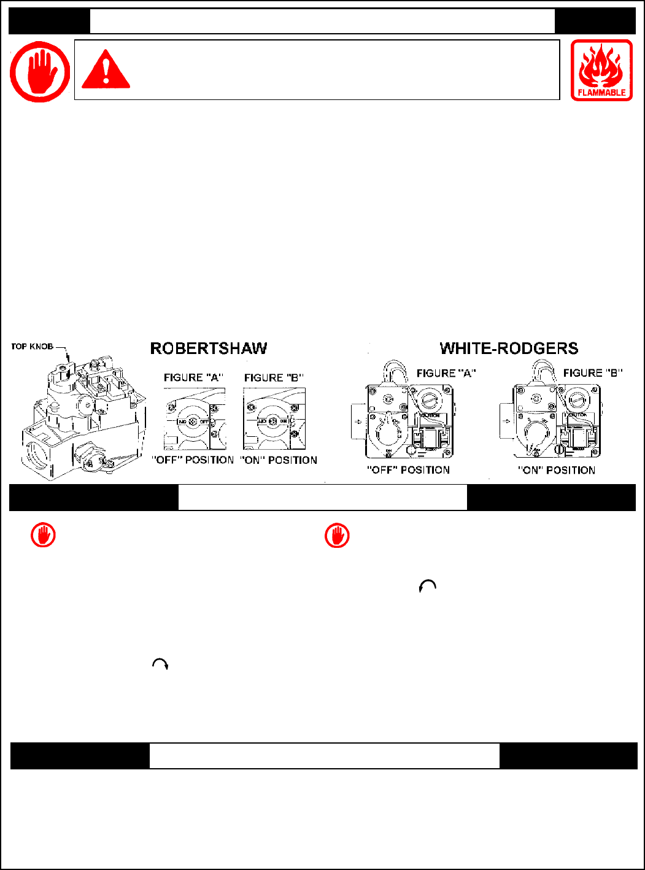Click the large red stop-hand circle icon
coord(40,71)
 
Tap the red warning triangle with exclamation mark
coord(106,70)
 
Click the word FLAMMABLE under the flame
coord(601,93)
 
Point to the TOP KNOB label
coord(32,347)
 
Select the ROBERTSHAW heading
coord(209,348)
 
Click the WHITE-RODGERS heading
coord(509,348)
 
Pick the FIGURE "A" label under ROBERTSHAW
coord(193,378)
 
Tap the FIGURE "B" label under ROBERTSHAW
coord(274,378)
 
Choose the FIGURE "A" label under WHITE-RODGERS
coord(446,373)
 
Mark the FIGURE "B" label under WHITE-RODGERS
coord(593,373)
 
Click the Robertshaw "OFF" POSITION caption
coord(193,460)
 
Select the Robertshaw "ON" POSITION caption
coord(279,460)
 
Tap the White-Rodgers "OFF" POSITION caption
coord(408,470)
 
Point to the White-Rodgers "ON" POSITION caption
coord(556,471)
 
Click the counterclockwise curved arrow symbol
coord(427,587)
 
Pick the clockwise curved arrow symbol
coord(160,664)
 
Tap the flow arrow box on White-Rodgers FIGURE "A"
coord(358,422)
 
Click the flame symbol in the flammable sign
coord(601,66)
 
